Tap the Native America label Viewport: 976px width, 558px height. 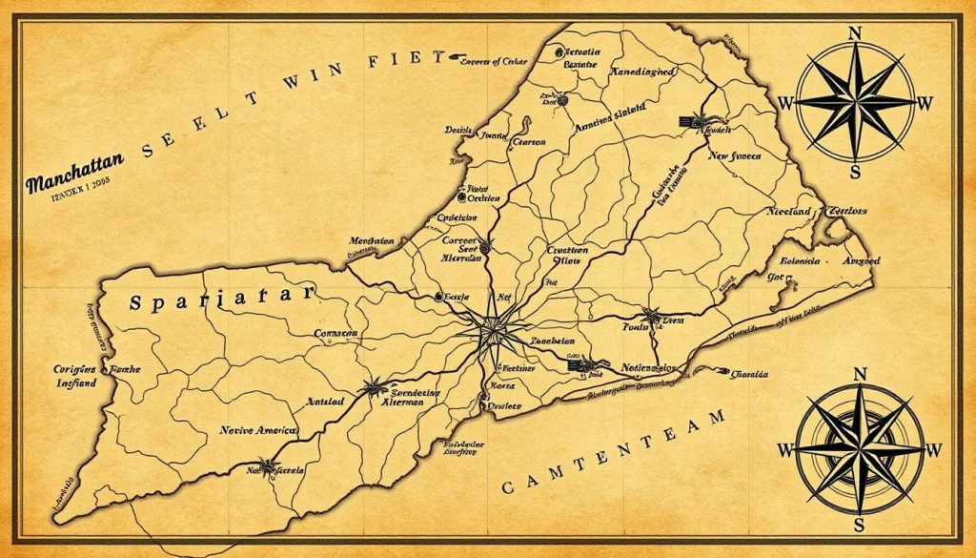[257, 431]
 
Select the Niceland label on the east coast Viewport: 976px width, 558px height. [787, 211]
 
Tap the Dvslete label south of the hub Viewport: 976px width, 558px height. [500, 404]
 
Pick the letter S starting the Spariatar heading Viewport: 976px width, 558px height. [135, 301]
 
